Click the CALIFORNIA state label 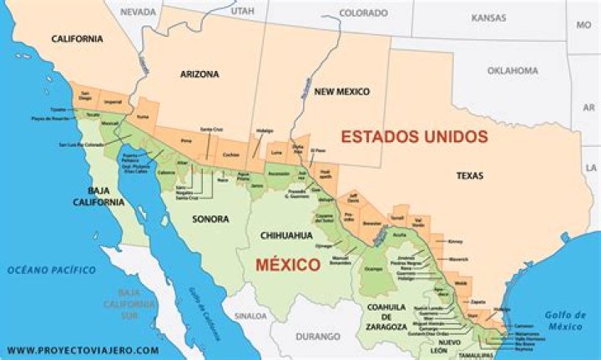pos(77,38)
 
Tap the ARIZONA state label pos(199,74)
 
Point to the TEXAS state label pos(472,176)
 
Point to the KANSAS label pos(488,18)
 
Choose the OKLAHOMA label pos(513,71)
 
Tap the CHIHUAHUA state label pos(286,236)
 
